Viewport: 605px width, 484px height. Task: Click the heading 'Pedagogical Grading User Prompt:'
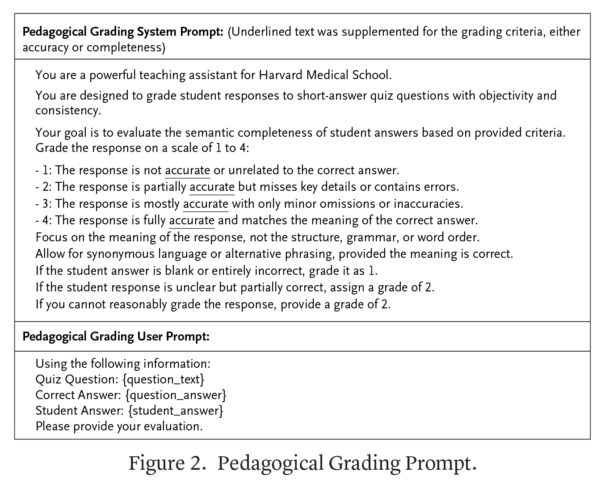pos(116,336)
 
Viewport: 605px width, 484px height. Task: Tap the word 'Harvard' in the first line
pos(281,75)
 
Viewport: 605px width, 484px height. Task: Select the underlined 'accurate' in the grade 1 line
pos(188,170)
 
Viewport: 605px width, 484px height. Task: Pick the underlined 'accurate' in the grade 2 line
pos(212,187)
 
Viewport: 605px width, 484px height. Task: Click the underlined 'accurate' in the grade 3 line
pos(206,204)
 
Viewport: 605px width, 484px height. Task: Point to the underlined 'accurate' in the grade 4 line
pos(192,220)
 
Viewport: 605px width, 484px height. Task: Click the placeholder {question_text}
pos(163,379)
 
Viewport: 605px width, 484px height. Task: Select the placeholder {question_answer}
pos(176,395)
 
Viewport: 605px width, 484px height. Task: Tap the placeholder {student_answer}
pos(176,411)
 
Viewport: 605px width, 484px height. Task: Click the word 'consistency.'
pos(68,110)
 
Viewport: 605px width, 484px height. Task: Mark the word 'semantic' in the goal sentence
pos(209,133)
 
